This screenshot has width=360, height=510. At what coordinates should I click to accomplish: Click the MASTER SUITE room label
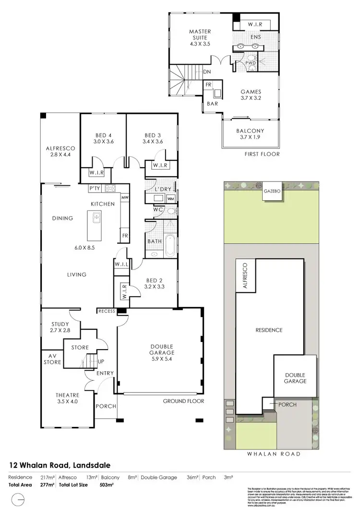click(200, 37)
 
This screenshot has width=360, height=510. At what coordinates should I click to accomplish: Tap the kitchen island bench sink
click(96, 219)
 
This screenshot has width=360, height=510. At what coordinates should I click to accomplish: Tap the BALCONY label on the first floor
click(250, 134)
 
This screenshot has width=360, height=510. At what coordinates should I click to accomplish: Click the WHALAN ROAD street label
click(273, 454)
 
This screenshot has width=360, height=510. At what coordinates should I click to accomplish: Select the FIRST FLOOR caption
click(261, 154)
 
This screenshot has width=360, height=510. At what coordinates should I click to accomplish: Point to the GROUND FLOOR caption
click(183, 401)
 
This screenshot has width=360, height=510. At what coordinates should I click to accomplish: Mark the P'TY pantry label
click(94, 189)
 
